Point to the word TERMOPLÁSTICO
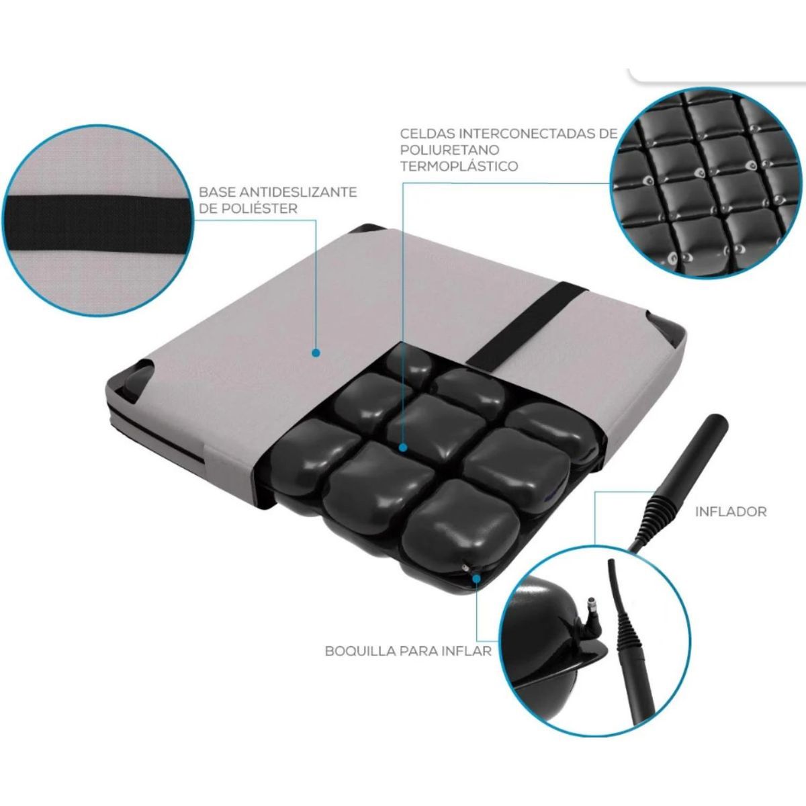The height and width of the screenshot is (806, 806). (459, 166)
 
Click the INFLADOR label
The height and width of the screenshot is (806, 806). (731, 512)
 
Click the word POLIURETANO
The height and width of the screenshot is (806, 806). (450, 150)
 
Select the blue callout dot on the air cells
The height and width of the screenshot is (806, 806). (403, 447)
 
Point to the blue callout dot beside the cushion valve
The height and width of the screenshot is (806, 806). (476, 578)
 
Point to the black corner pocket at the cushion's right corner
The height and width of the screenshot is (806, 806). (670, 331)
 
